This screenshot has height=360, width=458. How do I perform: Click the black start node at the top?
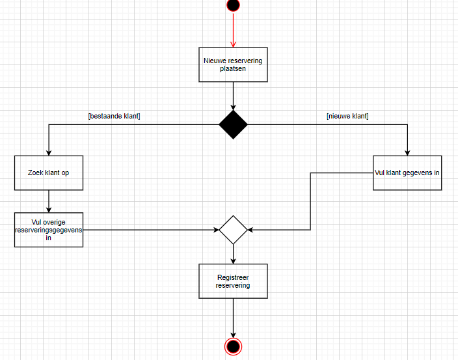(233, 5)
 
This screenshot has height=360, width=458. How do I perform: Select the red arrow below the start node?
(233, 30)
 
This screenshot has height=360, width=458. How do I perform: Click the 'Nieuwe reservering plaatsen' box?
(233, 64)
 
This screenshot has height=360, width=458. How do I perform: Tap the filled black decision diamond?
(233, 124)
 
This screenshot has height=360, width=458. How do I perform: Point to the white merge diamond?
(233, 230)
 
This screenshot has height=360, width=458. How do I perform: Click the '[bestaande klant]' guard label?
(114, 116)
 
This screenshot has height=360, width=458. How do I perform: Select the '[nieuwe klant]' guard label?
(347, 116)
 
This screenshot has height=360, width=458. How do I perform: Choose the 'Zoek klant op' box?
(49, 173)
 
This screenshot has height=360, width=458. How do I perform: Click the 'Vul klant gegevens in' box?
(408, 173)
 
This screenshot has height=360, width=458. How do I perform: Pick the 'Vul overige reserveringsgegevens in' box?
(49, 229)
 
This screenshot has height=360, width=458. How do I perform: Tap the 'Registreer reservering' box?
(233, 281)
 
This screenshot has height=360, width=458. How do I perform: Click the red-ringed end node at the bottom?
(233, 345)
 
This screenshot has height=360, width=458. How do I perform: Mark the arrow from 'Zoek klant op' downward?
(49, 201)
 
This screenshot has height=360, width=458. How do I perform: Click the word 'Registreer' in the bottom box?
(233, 277)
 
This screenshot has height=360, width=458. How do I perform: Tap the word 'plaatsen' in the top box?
(233, 68)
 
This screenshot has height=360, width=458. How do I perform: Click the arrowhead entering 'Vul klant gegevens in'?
(408, 152)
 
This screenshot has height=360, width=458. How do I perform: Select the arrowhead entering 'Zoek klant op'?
(49, 152)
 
